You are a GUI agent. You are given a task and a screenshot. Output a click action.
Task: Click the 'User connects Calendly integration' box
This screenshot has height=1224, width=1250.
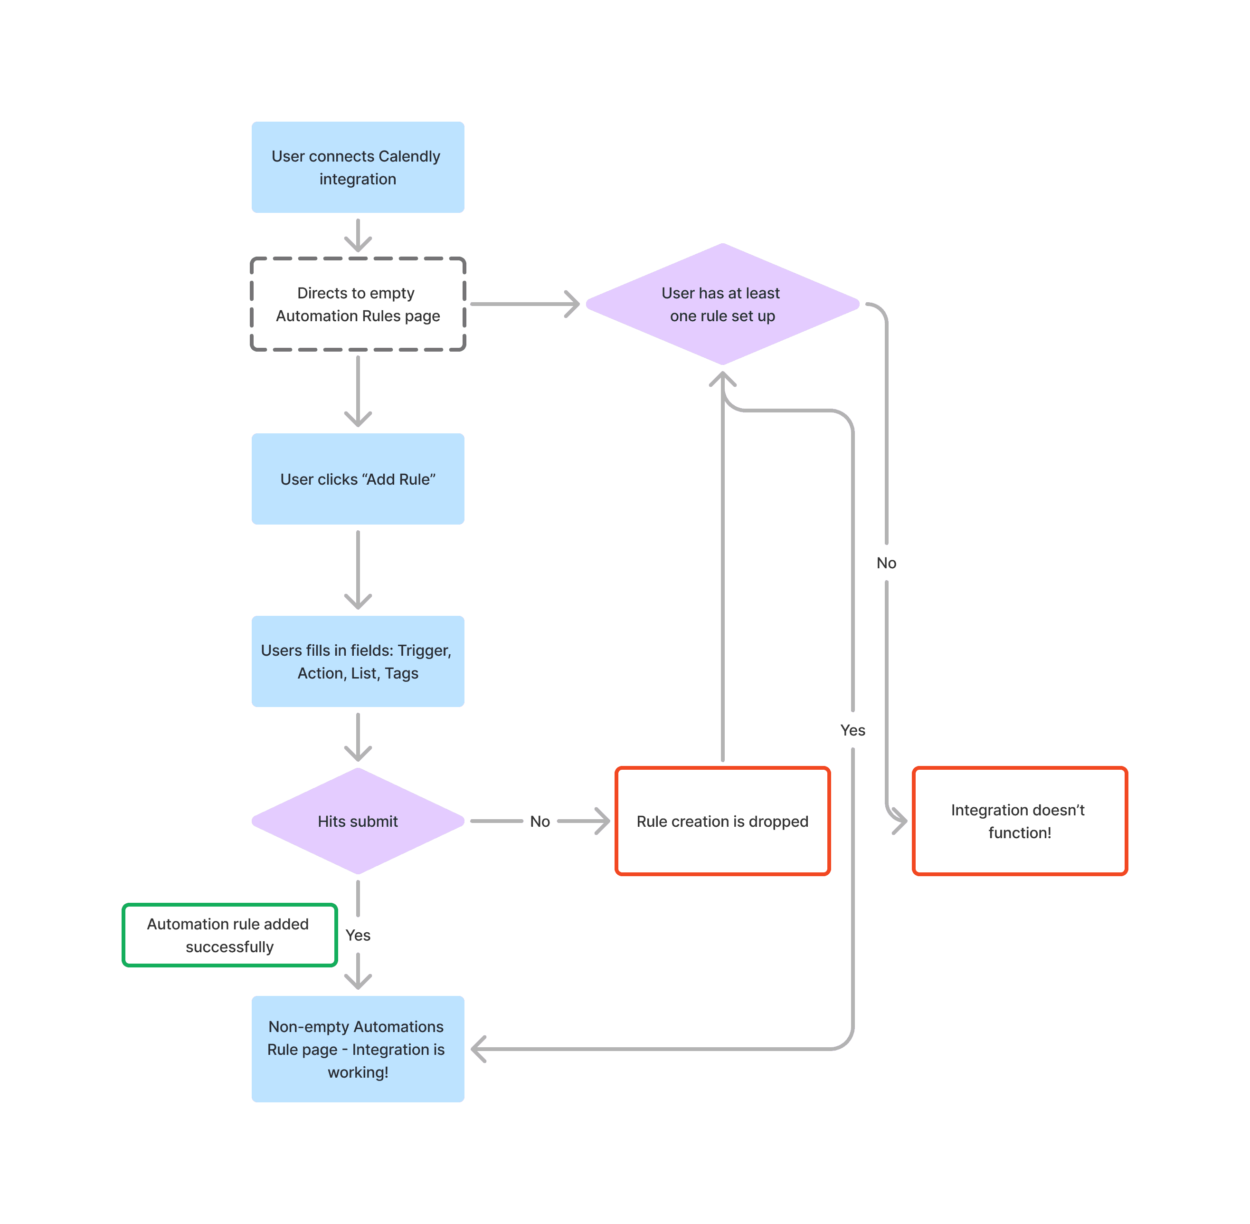[x=358, y=167]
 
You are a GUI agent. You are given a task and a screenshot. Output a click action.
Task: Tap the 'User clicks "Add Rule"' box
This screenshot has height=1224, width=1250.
[x=358, y=479]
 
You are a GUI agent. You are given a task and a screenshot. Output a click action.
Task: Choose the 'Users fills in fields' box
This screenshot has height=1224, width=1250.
[x=358, y=661]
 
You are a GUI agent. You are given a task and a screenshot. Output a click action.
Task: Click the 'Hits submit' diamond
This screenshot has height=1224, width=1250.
[x=358, y=821]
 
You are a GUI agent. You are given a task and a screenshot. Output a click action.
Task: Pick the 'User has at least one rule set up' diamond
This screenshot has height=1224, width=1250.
[x=722, y=304]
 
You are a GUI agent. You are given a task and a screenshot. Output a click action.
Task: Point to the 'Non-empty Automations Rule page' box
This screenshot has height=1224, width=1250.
[x=358, y=1049]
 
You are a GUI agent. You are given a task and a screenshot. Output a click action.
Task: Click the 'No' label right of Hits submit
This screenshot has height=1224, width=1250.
[x=540, y=822]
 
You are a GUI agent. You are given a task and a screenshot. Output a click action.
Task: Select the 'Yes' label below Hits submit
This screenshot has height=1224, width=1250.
[x=358, y=936]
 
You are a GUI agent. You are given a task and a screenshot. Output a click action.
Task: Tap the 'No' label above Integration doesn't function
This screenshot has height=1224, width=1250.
[x=886, y=563]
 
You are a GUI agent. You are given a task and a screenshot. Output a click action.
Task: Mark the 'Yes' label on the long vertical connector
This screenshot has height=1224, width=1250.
[x=853, y=730]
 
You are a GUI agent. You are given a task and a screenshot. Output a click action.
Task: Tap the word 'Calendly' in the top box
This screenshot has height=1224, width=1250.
[x=409, y=156]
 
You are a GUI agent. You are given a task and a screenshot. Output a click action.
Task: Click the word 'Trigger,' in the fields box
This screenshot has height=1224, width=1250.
[x=425, y=650]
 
